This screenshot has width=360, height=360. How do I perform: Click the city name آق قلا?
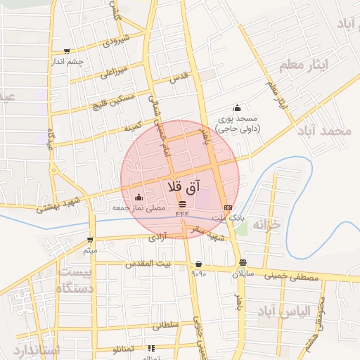185,187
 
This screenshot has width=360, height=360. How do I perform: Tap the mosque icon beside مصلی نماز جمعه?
138,197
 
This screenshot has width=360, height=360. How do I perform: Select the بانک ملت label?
231,219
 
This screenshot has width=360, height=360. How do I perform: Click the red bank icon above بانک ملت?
228,207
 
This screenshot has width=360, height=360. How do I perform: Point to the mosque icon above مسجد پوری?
237,108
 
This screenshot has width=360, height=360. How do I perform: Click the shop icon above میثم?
90,239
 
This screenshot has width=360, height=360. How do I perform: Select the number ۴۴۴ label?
182,214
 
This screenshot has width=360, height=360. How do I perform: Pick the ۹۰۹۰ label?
198,274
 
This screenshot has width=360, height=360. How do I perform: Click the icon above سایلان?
243,263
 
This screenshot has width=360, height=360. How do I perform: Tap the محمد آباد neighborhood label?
324,131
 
